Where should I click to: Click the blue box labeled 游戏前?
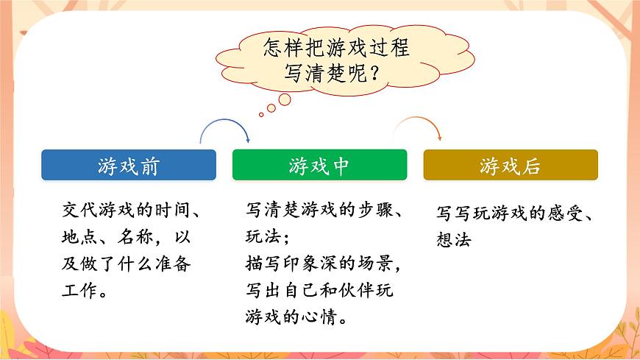coord(129,166)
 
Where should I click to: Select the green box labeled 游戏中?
coord(319,166)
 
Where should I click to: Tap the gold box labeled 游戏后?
coord(511,166)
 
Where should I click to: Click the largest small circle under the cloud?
coord(284,99)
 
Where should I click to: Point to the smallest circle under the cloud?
coord(260,114)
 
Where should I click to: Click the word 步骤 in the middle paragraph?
coord(375,211)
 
